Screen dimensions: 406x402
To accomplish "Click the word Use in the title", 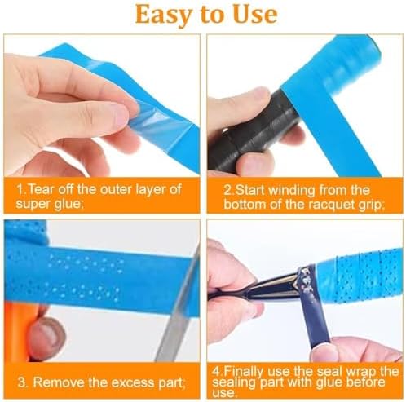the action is (255, 14).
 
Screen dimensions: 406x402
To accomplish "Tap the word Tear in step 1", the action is (41, 189).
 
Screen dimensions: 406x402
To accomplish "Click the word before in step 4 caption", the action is (366, 382).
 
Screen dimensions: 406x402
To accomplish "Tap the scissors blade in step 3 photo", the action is (179, 307).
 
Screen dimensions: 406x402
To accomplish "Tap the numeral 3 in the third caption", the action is (22, 382).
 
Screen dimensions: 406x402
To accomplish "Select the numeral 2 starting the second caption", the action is (227, 190).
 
